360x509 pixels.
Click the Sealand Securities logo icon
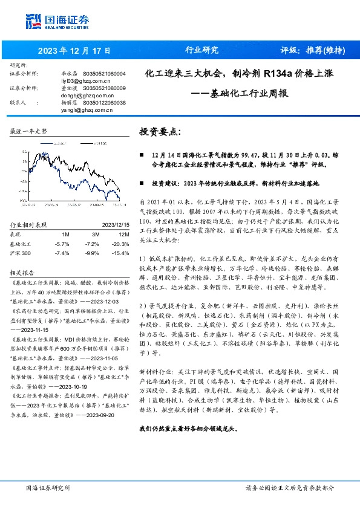(x=31, y=19)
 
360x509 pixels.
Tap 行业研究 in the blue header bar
(x=201, y=50)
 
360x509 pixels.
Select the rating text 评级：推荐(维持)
(x=311, y=50)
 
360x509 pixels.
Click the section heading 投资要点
(x=160, y=132)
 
